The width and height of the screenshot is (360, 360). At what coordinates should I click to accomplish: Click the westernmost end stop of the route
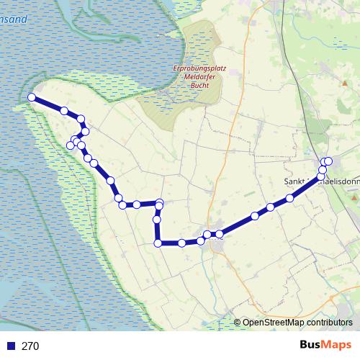[31, 97]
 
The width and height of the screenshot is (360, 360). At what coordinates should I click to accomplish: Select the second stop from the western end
[64, 111]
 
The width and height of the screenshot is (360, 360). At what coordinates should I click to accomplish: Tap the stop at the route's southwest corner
[158, 243]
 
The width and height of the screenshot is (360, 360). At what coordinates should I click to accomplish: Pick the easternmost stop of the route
[328, 161]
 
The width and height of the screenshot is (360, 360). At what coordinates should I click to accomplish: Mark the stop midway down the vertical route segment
[156, 219]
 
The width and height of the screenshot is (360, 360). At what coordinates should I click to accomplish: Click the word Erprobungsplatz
[200, 68]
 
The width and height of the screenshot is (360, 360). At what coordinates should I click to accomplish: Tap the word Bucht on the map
[200, 86]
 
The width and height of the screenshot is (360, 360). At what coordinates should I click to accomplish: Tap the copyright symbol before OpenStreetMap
[238, 323]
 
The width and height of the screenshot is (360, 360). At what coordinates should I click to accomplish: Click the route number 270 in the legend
[30, 346]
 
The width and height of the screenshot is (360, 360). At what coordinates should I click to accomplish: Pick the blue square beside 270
[12, 346]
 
